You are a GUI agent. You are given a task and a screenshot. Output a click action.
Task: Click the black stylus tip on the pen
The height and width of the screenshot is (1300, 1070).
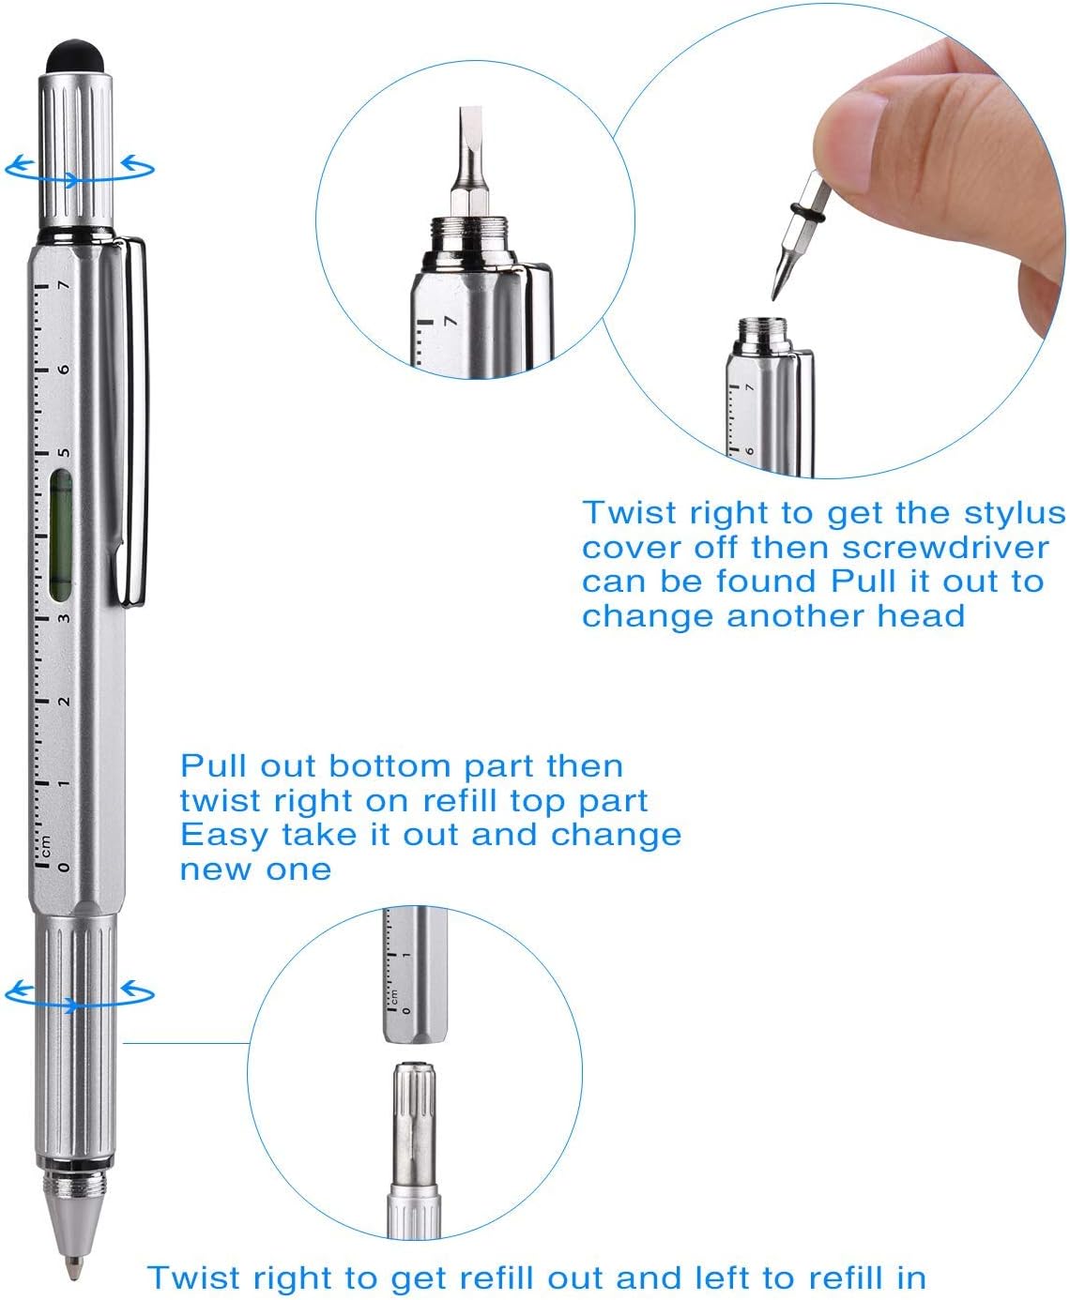[x=77, y=56]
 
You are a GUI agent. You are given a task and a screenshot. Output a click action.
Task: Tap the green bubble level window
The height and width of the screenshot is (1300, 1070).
[x=60, y=536]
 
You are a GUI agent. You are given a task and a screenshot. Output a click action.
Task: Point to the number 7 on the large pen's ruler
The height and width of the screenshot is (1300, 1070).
[x=64, y=285]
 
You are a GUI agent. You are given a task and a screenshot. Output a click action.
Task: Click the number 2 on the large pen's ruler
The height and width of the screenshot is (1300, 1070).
[x=64, y=702]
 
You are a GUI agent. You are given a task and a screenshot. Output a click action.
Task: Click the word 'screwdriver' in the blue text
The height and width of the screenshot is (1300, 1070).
[x=945, y=548]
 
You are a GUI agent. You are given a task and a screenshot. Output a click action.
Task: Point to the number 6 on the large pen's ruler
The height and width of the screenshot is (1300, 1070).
[x=64, y=369]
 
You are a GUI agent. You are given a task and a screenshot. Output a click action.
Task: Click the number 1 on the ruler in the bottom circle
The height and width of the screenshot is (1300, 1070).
[x=405, y=955]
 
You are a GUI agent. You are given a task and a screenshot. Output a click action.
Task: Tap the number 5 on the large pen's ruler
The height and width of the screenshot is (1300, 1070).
[x=64, y=452]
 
